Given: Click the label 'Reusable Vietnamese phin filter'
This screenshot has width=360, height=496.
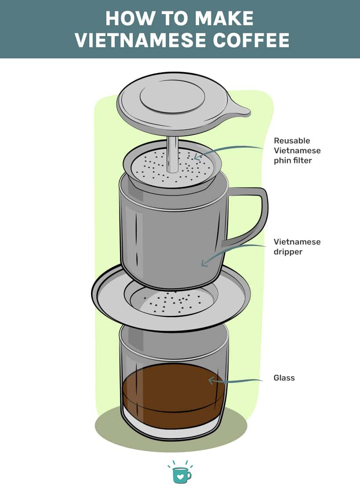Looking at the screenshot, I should click(x=297, y=151).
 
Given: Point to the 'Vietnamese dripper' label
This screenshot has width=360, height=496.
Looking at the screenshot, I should click(x=297, y=246).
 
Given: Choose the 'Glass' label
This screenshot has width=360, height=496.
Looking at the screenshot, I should click(x=284, y=378).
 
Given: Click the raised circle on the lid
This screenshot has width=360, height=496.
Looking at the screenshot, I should click(x=172, y=96).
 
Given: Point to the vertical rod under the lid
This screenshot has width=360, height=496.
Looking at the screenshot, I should click(x=173, y=154).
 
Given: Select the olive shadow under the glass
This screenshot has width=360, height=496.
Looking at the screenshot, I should click(x=110, y=428).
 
